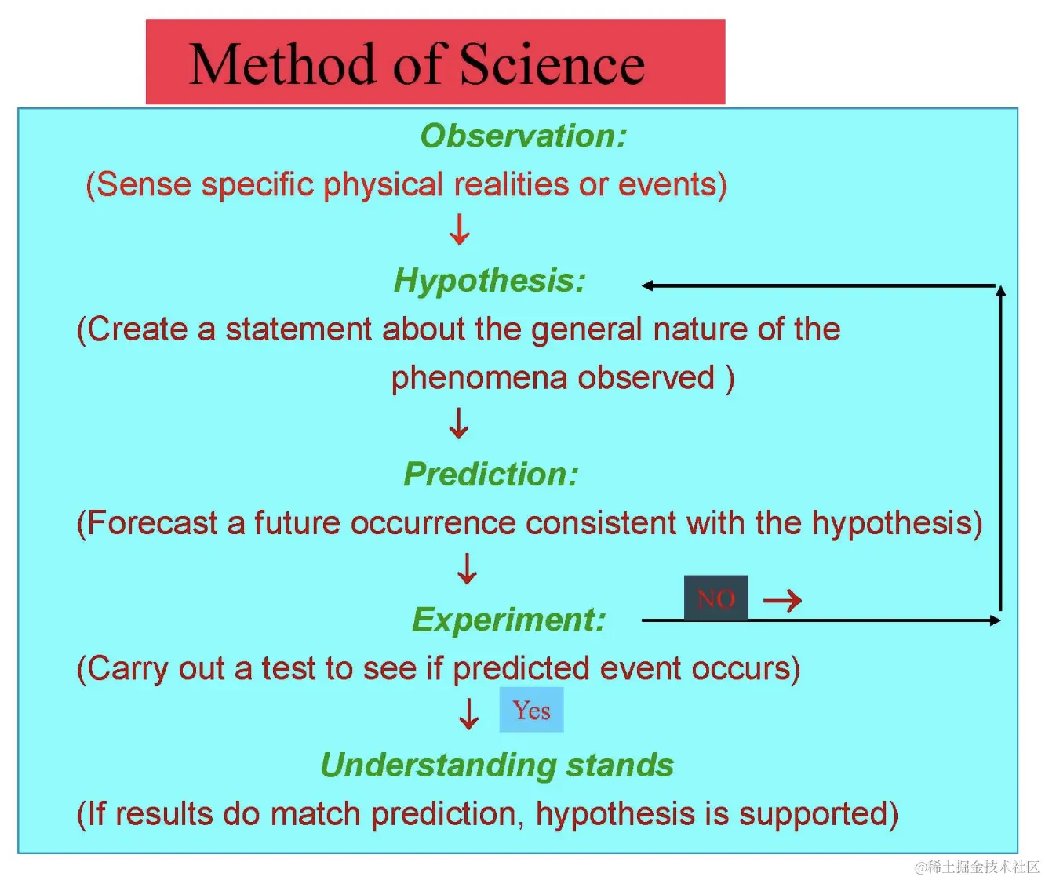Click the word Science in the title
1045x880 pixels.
pyautogui.click(x=552, y=64)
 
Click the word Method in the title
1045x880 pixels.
pyautogui.click(x=282, y=64)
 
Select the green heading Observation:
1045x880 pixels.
pyautogui.click(x=523, y=136)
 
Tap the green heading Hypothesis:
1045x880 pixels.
pyautogui.click(x=490, y=281)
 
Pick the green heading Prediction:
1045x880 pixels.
pyautogui.click(x=491, y=475)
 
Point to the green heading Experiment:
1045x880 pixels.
pyautogui.click(x=508, y=620)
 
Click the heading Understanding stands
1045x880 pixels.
pyautogui.click(x=497, y=765)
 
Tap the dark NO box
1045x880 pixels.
pyautogui.click(x=716, y=598)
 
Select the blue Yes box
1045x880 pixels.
pyautogui.click(x=531, y=709)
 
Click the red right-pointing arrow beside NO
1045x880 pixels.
pyautogui.click(x=782, y=600)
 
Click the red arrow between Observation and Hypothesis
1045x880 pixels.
pyautogui.click(x=460, y=230)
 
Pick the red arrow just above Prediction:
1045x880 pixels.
pyautogui.click(x=458, y=424)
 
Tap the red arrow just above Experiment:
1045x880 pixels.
pyautogui.click(x=467, y=569)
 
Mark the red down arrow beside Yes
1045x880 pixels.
pyautogui.click(x=468, y=714)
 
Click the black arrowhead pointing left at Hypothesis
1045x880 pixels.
pyautogui.click(x=647, y=285)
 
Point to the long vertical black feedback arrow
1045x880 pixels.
pyautogui.click(x=1000, y=449)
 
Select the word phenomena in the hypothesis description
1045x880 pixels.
pyautogui.click(x=479, y=379)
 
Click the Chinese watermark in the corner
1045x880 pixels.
pyautogui.click(x=977, y=867)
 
